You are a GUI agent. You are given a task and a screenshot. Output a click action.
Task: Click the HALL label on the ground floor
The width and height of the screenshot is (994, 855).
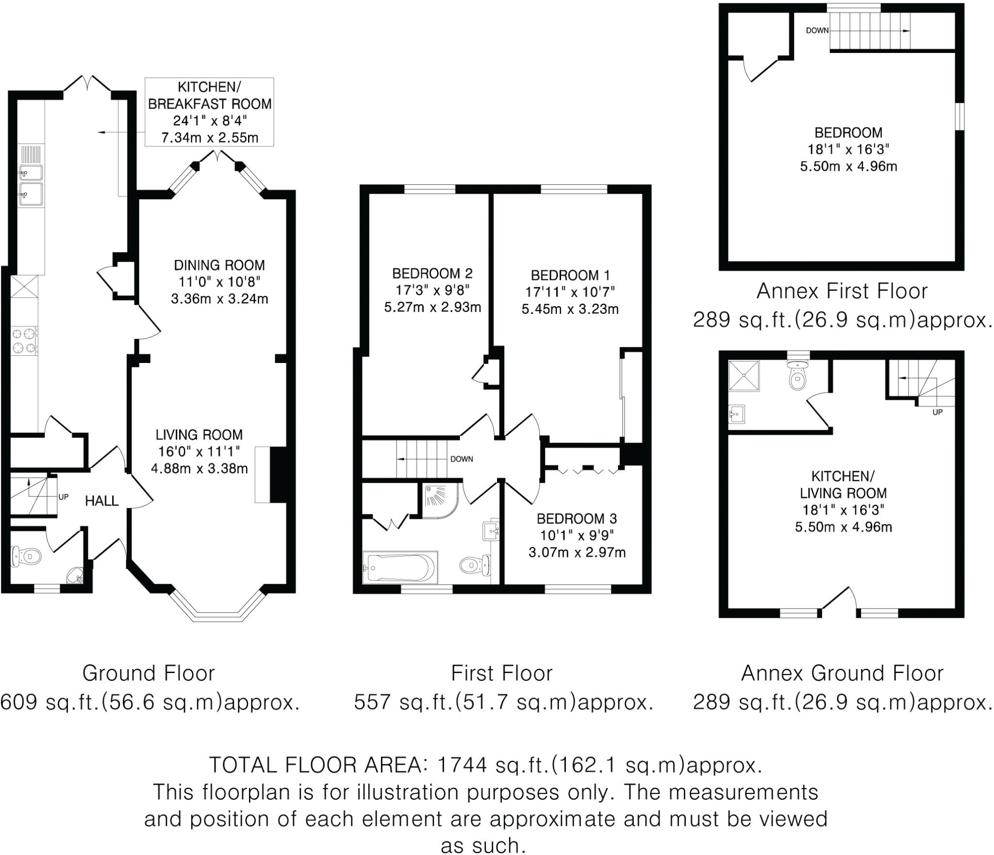[x=102, y=501]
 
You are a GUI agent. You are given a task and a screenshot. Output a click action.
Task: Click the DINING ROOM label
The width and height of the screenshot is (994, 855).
[x=219, y=265]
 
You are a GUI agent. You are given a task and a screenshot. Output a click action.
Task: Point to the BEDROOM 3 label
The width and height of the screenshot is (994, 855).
[x=577, y=519]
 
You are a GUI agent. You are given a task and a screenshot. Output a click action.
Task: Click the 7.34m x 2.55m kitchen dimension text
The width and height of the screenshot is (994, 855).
[x=210, y=138]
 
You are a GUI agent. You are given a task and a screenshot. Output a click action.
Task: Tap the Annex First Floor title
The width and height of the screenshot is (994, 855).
[x=842, y=291]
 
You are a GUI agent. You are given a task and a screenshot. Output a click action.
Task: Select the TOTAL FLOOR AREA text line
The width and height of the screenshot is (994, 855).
[x=486, y=765]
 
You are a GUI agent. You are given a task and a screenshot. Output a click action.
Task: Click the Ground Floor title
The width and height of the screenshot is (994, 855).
[x=149, y=673]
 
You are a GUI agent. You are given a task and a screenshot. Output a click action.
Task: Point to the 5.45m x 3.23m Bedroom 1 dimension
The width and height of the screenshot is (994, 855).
[x=570, y=309]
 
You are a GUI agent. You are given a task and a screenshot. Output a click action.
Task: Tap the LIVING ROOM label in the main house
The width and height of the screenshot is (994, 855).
[x=199, y=435]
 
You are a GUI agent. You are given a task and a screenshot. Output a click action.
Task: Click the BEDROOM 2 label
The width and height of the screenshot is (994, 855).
[x=432, y=274]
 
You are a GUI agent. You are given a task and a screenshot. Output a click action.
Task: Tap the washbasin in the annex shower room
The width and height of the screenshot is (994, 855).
[x=737, y=414]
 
